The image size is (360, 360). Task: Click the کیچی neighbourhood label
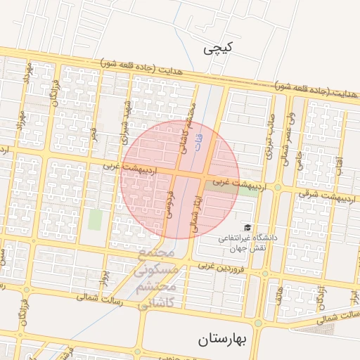(217, 49)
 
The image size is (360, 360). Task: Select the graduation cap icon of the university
(247, 227)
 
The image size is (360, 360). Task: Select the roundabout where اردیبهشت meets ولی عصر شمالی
(278, 188)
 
